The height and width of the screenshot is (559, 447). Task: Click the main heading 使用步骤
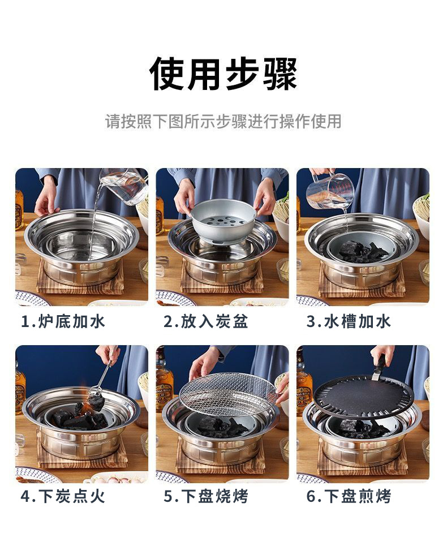[x=223, y=74]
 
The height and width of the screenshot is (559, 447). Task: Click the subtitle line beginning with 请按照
[x=223, y=121]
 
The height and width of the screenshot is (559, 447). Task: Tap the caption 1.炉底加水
[x=63, y=321]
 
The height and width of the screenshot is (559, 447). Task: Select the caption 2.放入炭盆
[x=206, y=321]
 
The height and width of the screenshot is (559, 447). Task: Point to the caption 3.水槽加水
[x=349, y=321]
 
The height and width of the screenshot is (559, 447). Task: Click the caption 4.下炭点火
[x=63, y=496]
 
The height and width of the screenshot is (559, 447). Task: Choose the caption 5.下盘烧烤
[x=206, y=496]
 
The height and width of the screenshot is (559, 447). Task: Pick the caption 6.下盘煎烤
[x=349, y=496]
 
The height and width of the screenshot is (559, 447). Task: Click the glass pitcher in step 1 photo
[x=124, y=186]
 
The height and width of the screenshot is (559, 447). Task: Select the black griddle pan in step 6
[x=364, y=397]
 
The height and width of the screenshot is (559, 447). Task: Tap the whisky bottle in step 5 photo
[x=165, y=387]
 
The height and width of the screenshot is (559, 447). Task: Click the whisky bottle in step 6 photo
[x=304, y=385]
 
